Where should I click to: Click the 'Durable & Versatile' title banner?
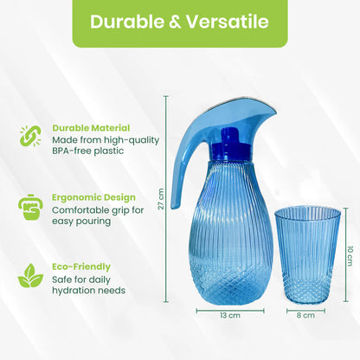coord(179,22)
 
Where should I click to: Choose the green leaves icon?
coord(29,277)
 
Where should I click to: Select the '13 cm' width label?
coord(228,316)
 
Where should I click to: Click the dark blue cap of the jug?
coord(228,142)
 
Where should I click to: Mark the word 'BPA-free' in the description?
coord(69,151)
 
